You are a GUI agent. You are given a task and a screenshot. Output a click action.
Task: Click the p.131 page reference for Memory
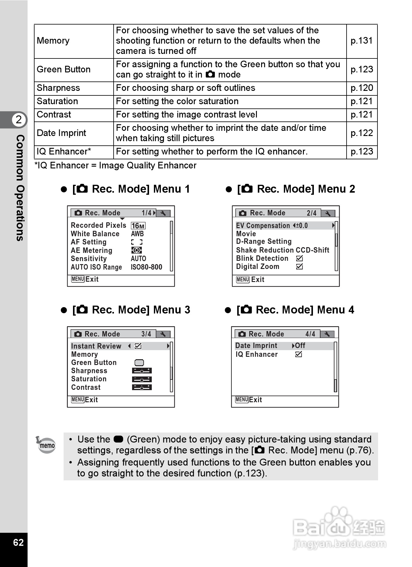click(x=361, y=41)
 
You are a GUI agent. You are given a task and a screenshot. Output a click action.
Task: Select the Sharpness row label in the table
click(x=58, y=88)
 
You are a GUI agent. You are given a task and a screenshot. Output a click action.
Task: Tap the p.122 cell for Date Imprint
click(x=361, y=133)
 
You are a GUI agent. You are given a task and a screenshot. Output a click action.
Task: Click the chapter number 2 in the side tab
click(x=19, y=120)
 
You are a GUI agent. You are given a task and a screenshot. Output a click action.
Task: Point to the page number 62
click(x=18, y=542)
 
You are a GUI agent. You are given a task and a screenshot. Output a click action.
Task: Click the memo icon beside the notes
click(x=46, y=445)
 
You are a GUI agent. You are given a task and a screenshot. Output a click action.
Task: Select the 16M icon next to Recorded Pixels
click(x=138, y=226)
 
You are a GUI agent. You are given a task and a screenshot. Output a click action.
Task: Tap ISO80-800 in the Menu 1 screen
click(x=146, y=267)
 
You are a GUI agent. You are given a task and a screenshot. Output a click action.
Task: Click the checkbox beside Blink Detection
click(x=299, y=258)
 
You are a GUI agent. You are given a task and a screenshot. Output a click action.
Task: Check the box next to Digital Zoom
click(x=299, y=267)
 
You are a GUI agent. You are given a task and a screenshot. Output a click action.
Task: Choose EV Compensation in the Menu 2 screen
click(x=263, y=226)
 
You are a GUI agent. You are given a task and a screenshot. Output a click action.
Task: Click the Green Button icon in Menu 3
click(x=139, y=363)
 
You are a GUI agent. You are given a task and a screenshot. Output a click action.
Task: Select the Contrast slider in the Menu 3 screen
click(x=142, y=387)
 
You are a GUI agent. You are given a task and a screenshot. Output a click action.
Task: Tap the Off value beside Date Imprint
click(x=300, y=346)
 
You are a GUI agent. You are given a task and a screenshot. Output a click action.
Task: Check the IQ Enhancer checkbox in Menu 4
click(x=298, y=354)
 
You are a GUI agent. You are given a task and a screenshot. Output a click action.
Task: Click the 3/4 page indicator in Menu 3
click(x=146, y=334)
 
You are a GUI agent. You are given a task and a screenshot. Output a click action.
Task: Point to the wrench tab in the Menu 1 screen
click(x=163, y=213)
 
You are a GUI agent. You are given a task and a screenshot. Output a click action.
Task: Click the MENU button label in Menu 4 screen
click(x=242, y=400)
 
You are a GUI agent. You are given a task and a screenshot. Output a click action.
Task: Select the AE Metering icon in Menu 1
click(x=137, y=250)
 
